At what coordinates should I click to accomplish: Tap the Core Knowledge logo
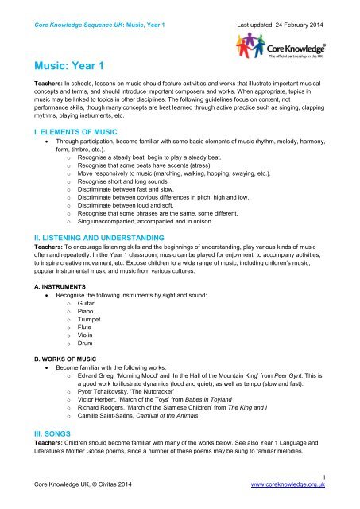(x=295, y=49)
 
